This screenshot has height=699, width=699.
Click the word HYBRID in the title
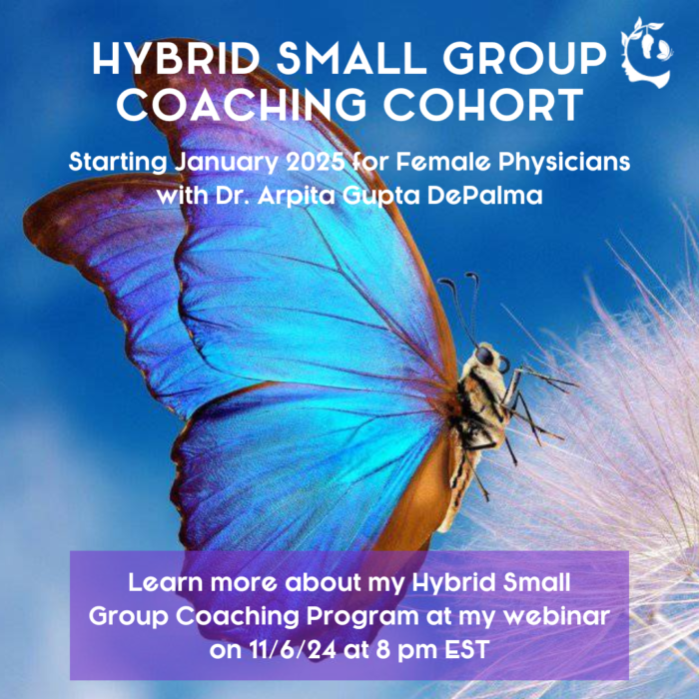(176, 58)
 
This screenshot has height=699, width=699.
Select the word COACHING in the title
(242, 105)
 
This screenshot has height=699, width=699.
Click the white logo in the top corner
(647, 53)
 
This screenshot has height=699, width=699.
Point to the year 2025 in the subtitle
(316, 162)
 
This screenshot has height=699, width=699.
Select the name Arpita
(297, 197)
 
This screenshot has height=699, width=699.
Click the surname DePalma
(484, 196)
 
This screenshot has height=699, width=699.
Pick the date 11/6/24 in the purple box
(292, 649)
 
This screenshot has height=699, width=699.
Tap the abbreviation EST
(467, 649)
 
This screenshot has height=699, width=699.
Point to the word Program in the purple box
(362, 617)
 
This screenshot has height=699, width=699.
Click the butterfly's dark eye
(484, 356)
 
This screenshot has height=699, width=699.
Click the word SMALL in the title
(351, 58)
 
